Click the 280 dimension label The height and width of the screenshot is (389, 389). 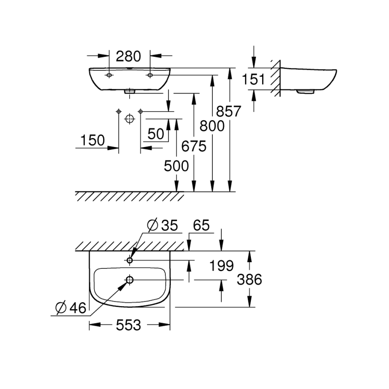[x=129, y=56]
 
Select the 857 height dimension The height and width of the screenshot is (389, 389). [x=229, y=111]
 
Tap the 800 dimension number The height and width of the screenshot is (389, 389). [x=212, y=126]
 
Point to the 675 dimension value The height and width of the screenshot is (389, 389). [x=194, y=146]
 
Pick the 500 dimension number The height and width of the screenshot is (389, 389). [x=176, y=166]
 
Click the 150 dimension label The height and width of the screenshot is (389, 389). [x=92, y=140]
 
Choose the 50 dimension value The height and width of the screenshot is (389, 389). [x=156, y=133]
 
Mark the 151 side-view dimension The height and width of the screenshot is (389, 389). [x=254, y=79]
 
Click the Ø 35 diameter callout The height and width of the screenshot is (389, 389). [x=162, y=226]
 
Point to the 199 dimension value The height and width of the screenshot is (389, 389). [x=221, y=266]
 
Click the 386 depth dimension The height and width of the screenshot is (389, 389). [x=249, y=280]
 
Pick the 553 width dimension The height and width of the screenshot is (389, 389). [x=129, y=325]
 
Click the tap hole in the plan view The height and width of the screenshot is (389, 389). [x=130, y=260]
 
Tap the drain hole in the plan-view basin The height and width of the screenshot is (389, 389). [x=130, y=280]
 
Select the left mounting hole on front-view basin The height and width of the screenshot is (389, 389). [x=108, y=75]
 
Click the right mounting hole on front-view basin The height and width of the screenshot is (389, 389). [x=150, y=75]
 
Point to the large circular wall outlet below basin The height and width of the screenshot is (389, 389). [x=129, y=119]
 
